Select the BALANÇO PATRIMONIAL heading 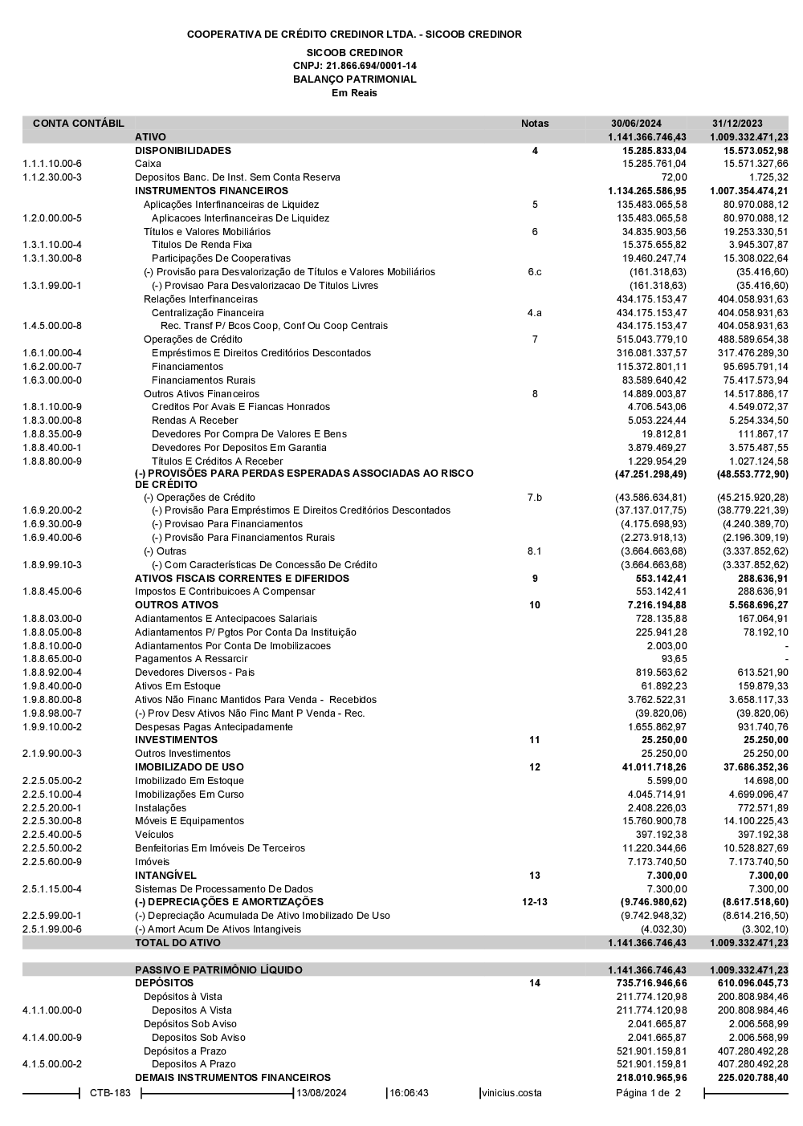(x=354, y=79)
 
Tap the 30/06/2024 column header (x=636, y=124)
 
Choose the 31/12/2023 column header (x=737, y=124)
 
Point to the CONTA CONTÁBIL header (x=79, y=124)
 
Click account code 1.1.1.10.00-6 (x=52, y=164)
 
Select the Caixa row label (x=148, y=164)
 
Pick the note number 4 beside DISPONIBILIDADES (x=535, y=151)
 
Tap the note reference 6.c (x=535, y=272)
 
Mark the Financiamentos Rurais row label (x=203, y=380)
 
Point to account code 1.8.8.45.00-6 (x=52, y=591)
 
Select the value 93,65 (x=674, y=659)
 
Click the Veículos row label (x=154, y=835)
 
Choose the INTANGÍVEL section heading (x=165, y=876)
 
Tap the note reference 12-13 (x=535, y=902)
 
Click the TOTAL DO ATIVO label (x=177, y=943)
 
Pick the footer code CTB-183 (x=110, y=1093)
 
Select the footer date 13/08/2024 (x=322, y=1093)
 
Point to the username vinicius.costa (x=512, y=1093)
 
